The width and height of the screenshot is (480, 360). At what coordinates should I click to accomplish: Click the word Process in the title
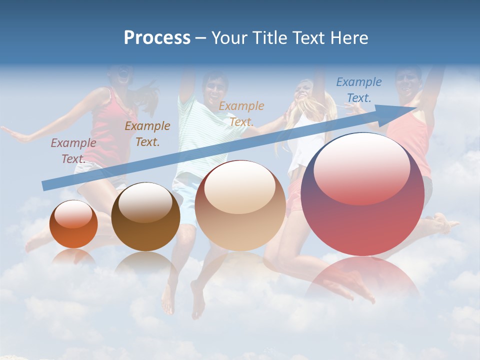[x=157, y=38]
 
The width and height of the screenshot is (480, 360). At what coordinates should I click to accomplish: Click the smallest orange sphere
[x=73, y=224]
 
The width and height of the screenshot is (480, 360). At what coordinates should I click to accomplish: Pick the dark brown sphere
[x=145, y=217]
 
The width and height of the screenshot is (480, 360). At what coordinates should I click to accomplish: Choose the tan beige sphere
[x=240, y=205]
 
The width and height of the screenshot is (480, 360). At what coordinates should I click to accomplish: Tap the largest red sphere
[x=362, y=195]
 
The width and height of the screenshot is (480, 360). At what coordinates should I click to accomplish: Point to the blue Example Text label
[x=358, y=90]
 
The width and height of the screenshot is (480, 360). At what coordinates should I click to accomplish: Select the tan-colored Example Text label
[x=241, y=113]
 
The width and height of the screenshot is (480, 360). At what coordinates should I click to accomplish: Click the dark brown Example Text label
[x=147, y=133]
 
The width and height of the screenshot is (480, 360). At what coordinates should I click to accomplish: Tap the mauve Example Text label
[x=73, y=150]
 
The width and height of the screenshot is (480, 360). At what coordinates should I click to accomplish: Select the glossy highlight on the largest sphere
[x=361, y=167]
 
